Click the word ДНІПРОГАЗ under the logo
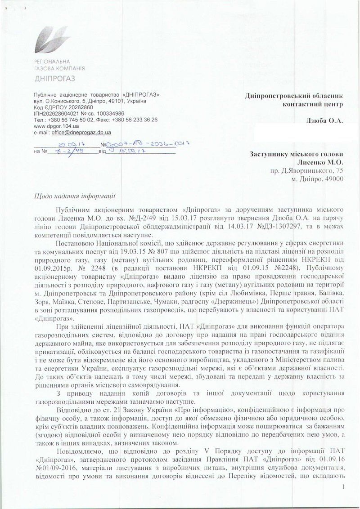click(x=54, y=79)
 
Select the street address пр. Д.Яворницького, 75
click(x=307, y=171)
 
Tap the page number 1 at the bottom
click(x=343, y=487)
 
